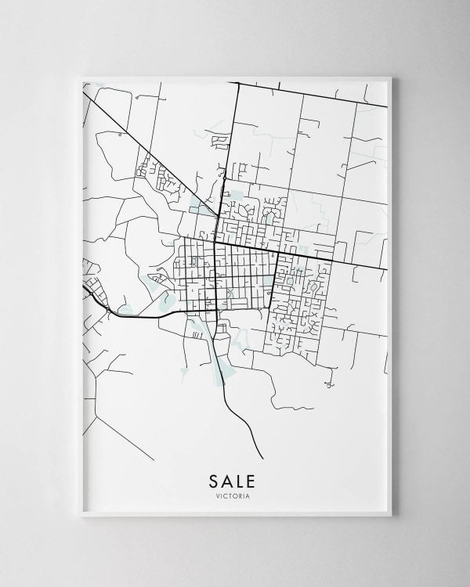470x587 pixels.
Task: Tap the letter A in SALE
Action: [227, 478]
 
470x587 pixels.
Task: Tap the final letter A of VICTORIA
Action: [250, 494]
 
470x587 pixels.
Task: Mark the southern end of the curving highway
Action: [262, 458]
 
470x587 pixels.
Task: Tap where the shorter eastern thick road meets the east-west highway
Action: [279, 253]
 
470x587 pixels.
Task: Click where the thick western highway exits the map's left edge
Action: [84, 286]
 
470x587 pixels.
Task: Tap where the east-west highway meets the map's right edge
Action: [388, 269]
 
